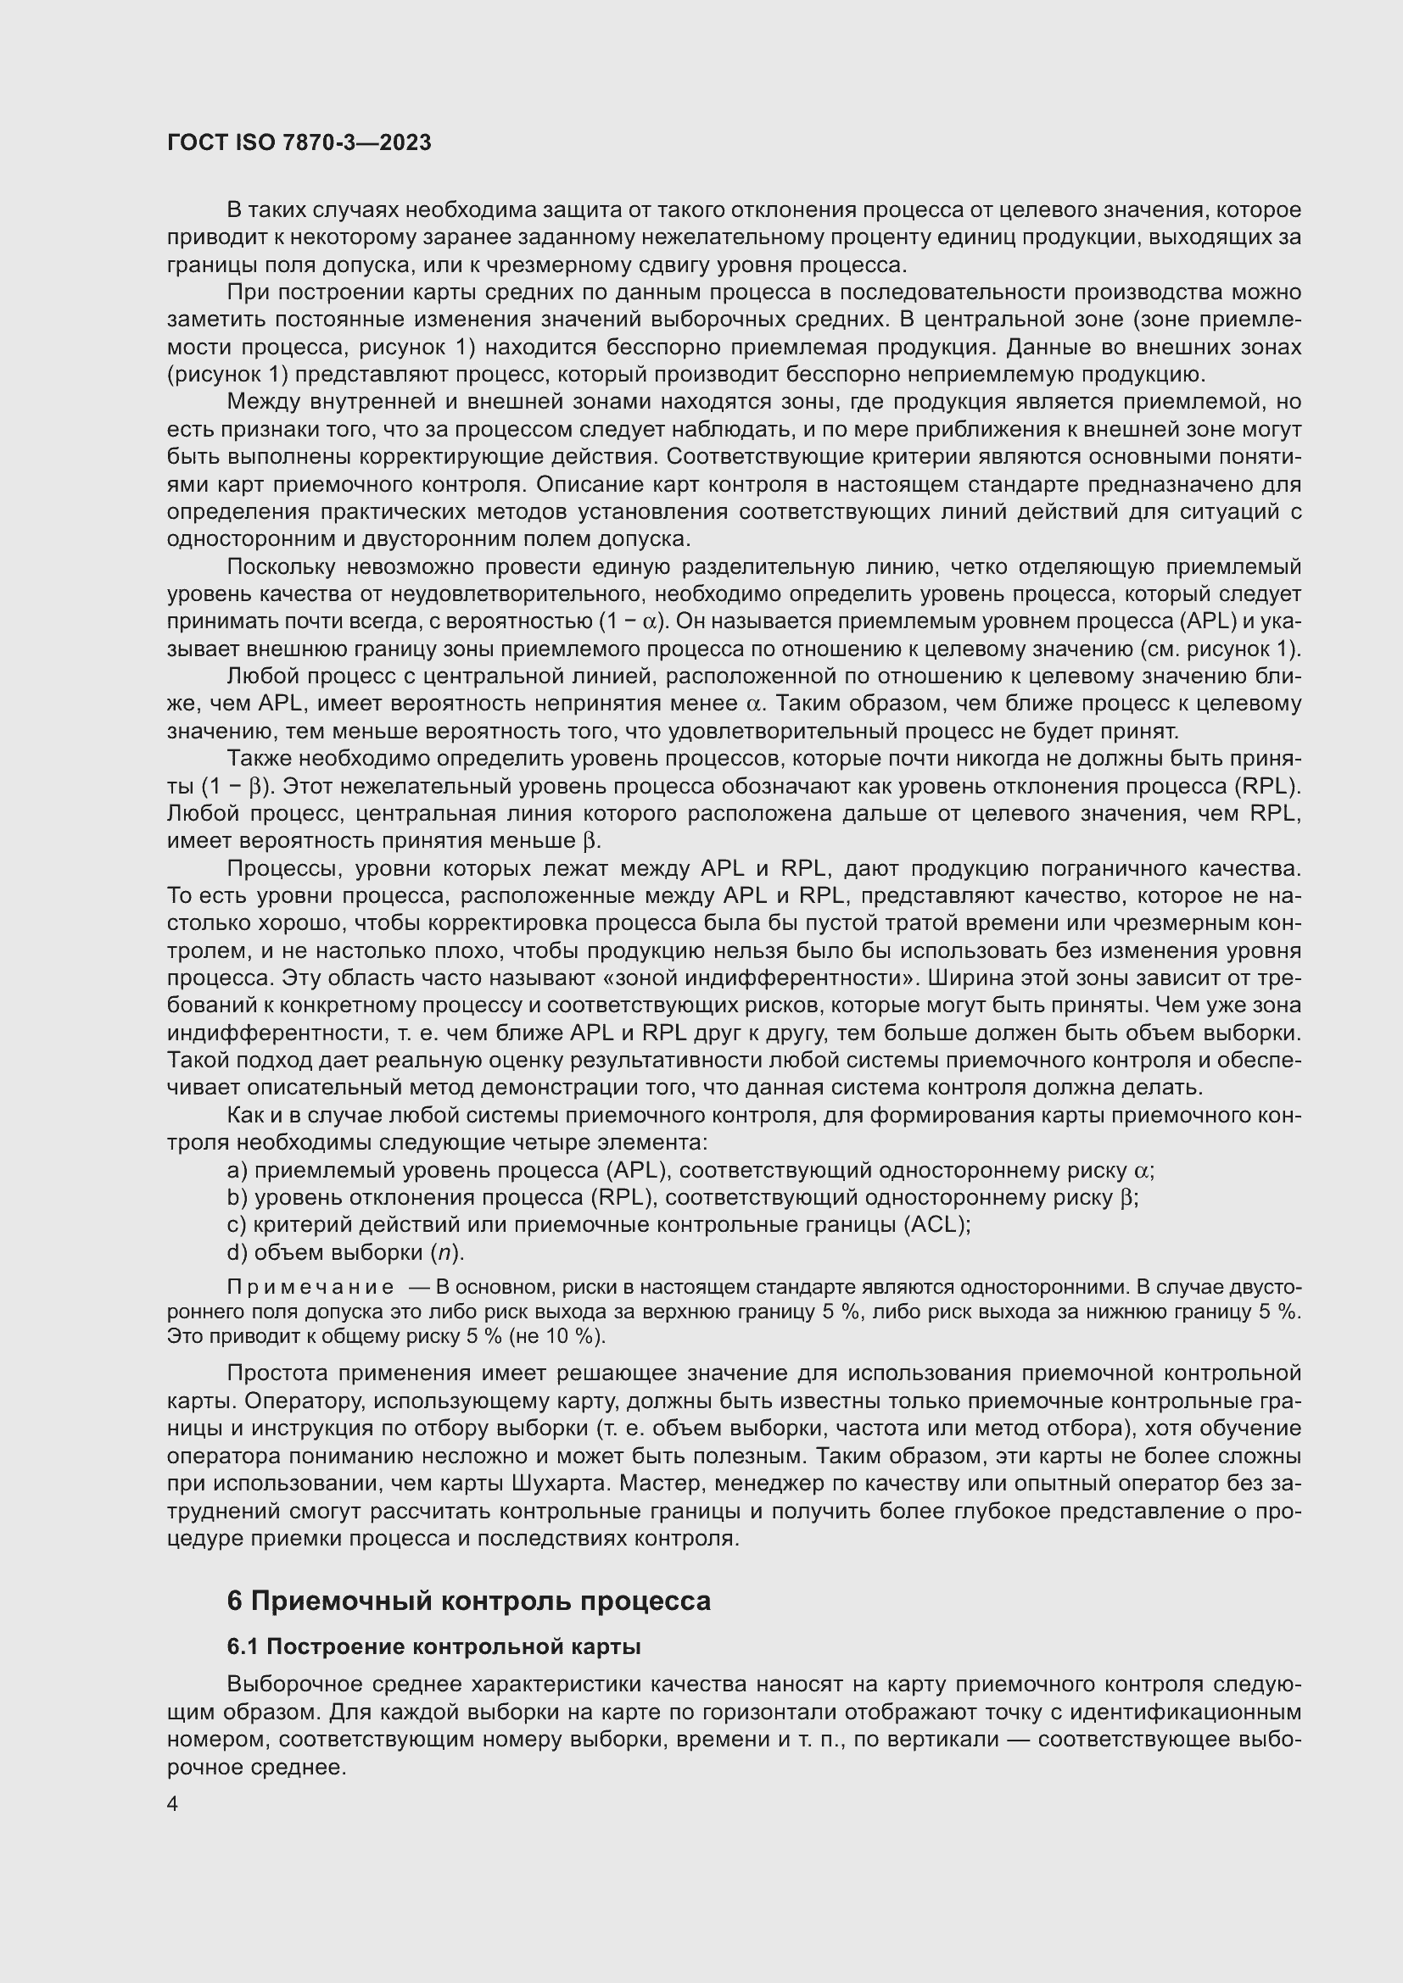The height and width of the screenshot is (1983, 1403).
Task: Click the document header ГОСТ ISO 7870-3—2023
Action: coord(299,143)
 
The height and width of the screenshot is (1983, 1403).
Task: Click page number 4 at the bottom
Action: coord(173,1804)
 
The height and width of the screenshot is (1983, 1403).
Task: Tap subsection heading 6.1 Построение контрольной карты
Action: coord(433,1647)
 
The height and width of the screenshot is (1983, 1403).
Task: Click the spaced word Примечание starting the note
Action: coord(311,1288)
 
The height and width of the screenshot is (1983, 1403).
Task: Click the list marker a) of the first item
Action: coord(237,1170)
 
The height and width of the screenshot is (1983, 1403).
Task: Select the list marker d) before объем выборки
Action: coord(237,1252)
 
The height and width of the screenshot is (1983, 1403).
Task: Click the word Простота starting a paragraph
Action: coord(277,1373)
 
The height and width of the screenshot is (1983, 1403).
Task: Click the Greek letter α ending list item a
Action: coord(1141,1171)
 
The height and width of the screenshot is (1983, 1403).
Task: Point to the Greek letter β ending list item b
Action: coord(1126,1199)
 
